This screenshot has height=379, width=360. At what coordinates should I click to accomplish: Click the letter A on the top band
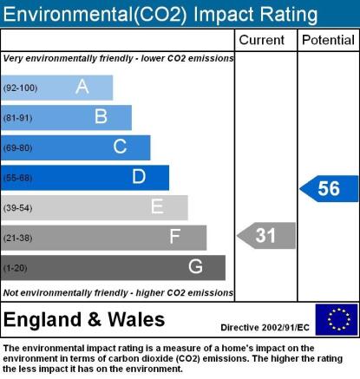click(82, 87)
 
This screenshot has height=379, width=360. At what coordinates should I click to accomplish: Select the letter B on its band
click(101, 116)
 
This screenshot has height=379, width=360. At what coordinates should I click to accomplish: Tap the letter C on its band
click(120, 147)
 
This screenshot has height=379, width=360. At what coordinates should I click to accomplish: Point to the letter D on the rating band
click(139, 176)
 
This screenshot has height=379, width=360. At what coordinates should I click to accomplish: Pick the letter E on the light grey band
click(157, 206)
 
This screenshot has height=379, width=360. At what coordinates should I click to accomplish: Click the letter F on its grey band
click(175, 237)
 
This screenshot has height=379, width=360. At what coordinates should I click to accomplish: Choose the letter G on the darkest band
click(195, 266)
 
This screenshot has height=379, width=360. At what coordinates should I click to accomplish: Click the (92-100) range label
click(20, 88)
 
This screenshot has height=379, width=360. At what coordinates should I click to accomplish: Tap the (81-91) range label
click(17, 118)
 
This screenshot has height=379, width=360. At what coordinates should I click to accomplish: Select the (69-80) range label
click(17, 148)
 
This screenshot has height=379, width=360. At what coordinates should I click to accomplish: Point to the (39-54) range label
click(17, 208)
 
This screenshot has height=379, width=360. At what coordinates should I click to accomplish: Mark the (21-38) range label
click(17, 238)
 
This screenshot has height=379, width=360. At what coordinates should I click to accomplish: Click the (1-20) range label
click(15, 268)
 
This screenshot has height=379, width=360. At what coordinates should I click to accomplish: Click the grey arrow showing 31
click(266, 236)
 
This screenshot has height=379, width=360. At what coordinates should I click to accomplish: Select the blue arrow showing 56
click(329, 188)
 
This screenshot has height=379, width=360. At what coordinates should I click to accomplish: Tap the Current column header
click(262, 40)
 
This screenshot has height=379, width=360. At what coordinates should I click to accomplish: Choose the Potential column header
click(328, 40)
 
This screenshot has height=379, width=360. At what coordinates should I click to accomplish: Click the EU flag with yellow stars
click(337, 319)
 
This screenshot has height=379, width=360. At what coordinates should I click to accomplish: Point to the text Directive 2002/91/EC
click(265, 328)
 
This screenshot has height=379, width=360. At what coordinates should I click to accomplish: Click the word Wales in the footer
click(136, 319)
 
